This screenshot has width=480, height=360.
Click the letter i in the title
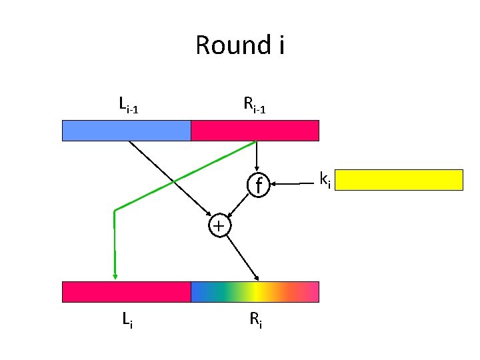(x=280, y=45)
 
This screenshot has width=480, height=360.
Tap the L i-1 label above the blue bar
(x=127, y=105)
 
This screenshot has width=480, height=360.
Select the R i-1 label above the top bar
(x=254, y=105)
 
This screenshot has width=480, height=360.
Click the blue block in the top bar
(x=127, y=131)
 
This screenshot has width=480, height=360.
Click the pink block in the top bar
(x=255, y=131)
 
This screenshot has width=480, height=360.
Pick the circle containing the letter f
(x=257, y=183)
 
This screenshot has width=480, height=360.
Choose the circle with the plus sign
(x=219, y=225)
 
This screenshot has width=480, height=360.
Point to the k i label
(x=325, y=179)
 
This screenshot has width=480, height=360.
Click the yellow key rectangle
(x=403, y=180)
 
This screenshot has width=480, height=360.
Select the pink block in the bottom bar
(x=127, y=292)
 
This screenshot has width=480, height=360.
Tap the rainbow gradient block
(x=255, y=292)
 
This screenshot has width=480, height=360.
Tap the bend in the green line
(x=115, y=211)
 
